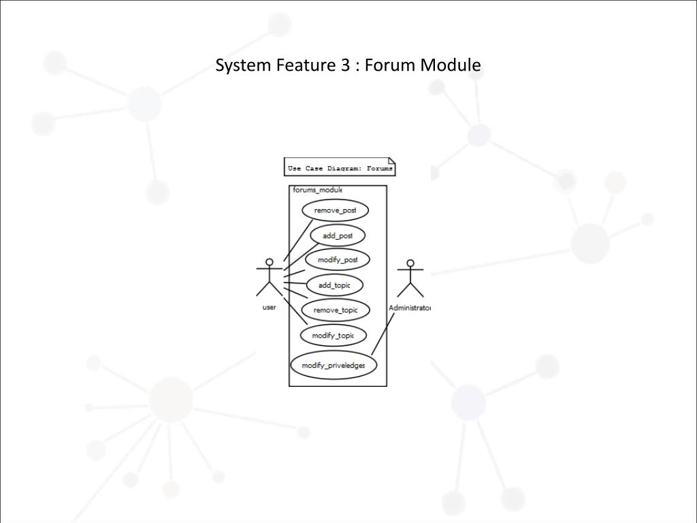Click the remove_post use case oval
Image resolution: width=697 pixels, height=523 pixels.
tap(335, 210)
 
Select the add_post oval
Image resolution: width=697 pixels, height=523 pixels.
tap(338, 236)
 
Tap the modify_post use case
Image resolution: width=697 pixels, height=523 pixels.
tap(338, 260)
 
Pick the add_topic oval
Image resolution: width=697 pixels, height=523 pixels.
tap(334, 285)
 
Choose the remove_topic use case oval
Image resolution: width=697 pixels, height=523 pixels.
tap(335, 311)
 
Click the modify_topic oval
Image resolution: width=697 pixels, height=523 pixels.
tap(333, 336)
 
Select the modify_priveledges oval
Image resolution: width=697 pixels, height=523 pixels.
tap(333, 366)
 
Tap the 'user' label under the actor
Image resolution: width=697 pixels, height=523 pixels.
tap(269, 308)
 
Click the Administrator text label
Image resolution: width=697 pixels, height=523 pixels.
tap(410, 308)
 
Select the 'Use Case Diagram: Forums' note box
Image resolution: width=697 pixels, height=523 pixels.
tap(340, 168)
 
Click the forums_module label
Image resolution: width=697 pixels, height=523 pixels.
tap(317, 190)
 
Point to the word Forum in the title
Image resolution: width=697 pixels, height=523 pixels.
tap(391, 65)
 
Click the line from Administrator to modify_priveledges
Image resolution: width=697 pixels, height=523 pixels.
tap(383, 333)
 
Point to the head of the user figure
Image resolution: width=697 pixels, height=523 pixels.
tap(270, 261)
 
